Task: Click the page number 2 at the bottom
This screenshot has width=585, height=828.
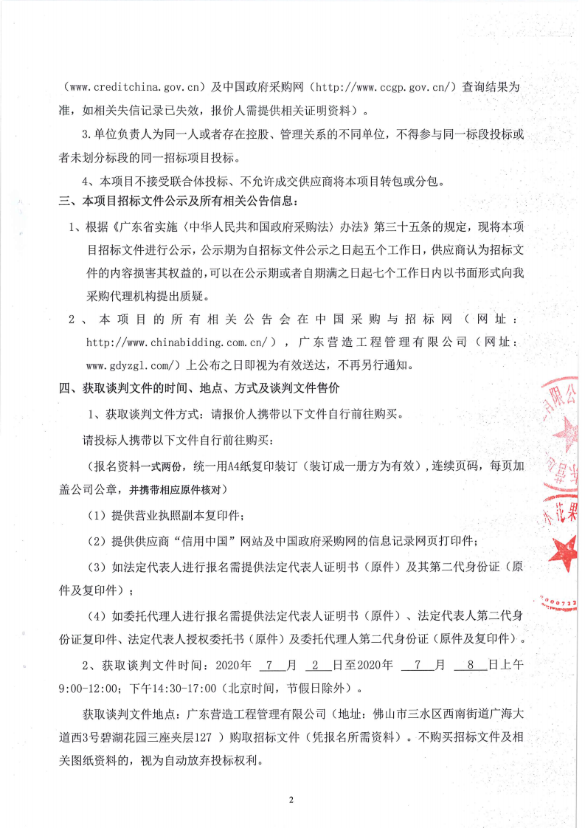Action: [x=292, y=800]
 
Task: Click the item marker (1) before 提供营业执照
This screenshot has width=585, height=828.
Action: [x=96, y=514]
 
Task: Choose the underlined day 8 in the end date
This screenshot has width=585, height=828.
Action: [x=469, y=665]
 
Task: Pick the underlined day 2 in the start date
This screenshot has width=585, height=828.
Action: [x=315, y=665]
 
